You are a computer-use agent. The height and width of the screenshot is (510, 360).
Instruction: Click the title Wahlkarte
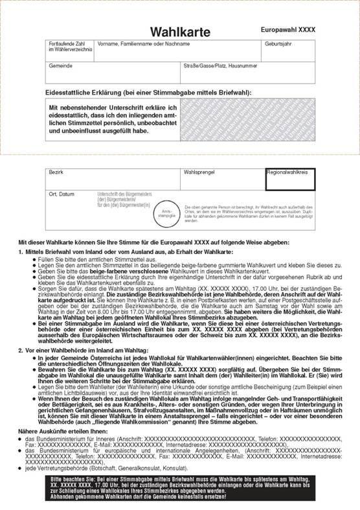(179, 32)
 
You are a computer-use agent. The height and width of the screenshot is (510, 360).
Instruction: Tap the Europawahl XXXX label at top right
(288, 30)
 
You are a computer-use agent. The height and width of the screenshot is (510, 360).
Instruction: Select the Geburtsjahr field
(289, 50)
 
